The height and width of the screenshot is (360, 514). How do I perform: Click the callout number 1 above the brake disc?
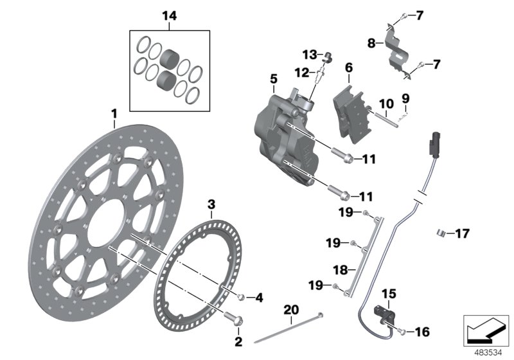point(114,114)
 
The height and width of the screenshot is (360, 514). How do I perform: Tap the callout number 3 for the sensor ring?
point(210,205)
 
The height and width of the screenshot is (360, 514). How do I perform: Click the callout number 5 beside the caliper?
point(273,79)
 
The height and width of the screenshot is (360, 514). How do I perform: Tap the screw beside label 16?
point(401,332)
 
